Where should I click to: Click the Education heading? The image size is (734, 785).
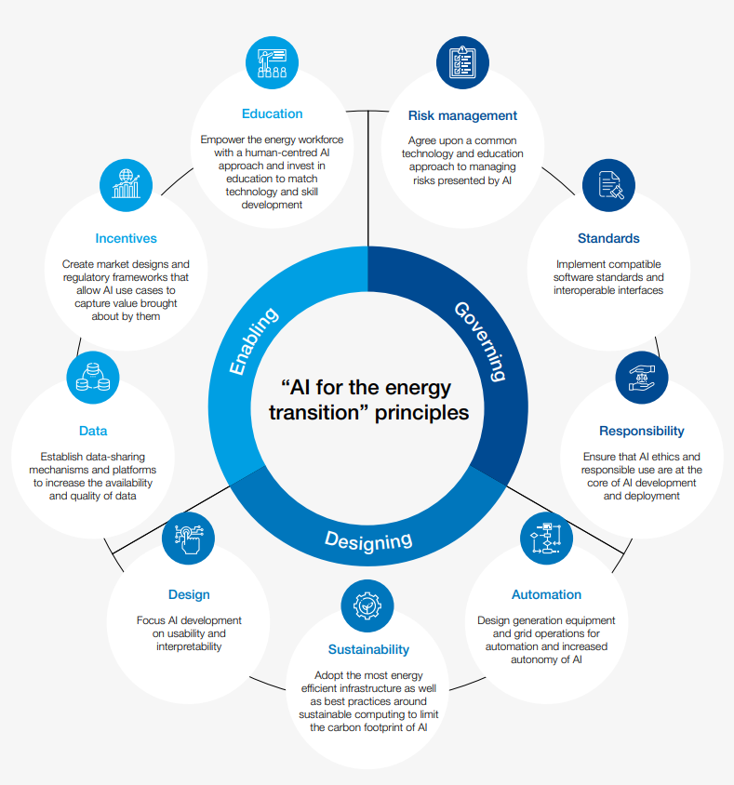point(272,113)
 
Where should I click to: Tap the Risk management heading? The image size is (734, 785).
point(462,115)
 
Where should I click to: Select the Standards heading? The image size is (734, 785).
point(608,238)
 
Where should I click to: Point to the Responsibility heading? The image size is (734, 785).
point(641,431)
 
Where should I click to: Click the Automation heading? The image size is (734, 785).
point(546,594)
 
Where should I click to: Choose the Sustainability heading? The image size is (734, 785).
point(368,649)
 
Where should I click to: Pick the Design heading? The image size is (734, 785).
point(189,594)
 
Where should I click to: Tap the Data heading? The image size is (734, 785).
point(93,431)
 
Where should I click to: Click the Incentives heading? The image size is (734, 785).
point(126,238)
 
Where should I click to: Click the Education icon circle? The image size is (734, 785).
point(272,62)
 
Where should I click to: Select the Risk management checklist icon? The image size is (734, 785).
point(462,62)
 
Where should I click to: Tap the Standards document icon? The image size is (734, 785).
point(608,185)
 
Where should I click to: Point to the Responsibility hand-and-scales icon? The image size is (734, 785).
point(641,378)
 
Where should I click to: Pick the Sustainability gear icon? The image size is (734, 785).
point(368,605)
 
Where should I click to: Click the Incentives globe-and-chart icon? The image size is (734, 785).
point(126,185)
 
